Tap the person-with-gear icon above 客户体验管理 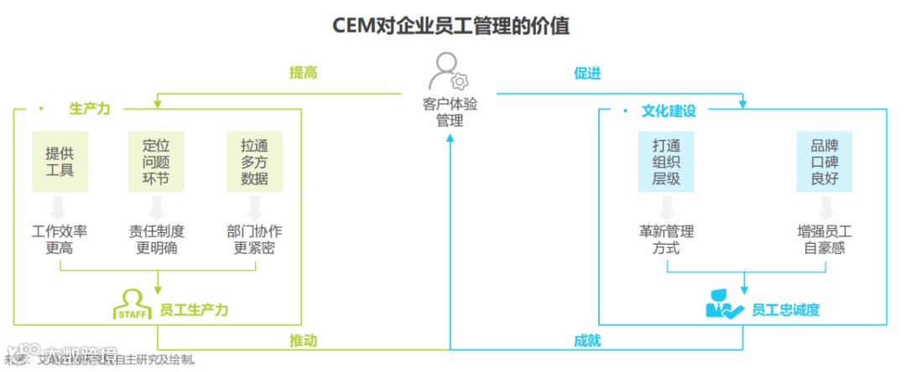[x=448, y=71]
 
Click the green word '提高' [x=303, y=73]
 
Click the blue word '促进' [x=587, y=73]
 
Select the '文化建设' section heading [x=669, y=110]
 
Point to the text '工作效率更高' [x=60, y=240]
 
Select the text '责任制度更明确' [x=156, y=240]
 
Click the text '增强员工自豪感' [x=825, y=240]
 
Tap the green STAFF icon [x=132, y=304]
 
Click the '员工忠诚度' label [x=785, y=310]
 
